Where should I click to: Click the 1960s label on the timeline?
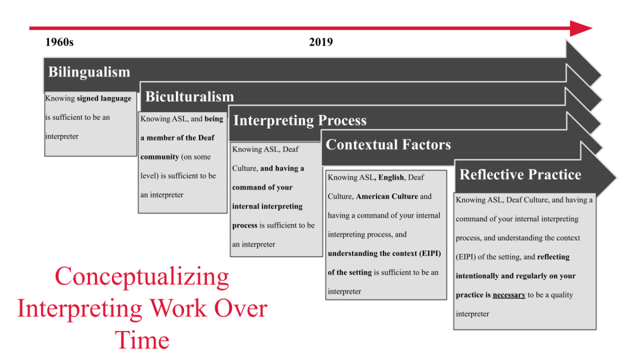click(x=59, y=42)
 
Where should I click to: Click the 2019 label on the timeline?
click(x=321, y=42)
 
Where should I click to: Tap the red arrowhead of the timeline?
click(x=581, y=28)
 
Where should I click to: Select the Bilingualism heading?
click(x=89, y=72)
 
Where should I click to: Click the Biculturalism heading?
click(x=189, y=97)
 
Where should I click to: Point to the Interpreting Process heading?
click(x=300, y=120)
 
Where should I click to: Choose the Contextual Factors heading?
click(x=388, y=145)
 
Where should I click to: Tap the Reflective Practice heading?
click(x=520, y=174)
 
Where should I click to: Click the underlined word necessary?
click(x=509, y=295)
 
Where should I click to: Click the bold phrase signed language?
click(x=104, y=99)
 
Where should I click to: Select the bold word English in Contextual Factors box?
click(x=391, y=177)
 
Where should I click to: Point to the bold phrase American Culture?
click(x=387, y=196)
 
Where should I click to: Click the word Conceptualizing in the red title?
click(x=141, y=277)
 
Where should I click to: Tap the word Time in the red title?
click(x=142, y=340)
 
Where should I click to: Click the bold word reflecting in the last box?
click(x=553, y=257)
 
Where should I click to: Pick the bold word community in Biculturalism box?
click(x=159, y=157)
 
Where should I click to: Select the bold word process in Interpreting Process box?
click(x=245, y=226)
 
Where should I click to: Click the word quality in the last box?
click(x=562, y=295)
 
